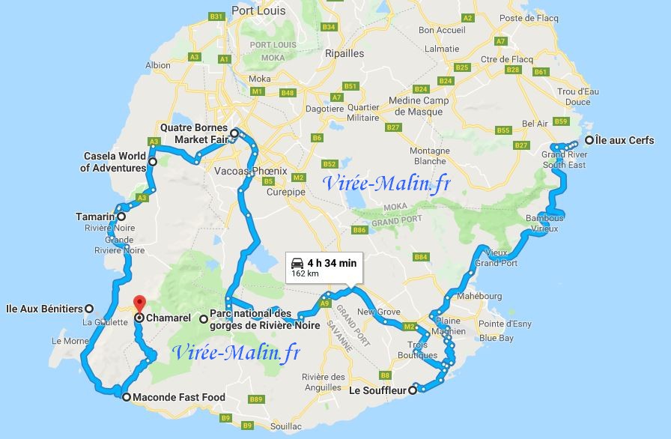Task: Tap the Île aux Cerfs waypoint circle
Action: (590, 140)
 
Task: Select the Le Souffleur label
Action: (377, 390)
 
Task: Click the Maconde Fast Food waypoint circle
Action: (126, 397)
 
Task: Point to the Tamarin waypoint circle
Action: (121, 217)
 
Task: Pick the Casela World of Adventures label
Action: (114, 162)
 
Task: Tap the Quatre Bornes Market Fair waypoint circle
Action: (234, 134)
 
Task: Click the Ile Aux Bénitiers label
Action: (44, 308)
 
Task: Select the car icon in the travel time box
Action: (297, 263)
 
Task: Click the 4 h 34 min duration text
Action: (332, 262)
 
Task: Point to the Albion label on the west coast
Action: (158, 65)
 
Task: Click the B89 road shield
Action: (256, 399)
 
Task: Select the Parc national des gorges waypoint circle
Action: (204, 318)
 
